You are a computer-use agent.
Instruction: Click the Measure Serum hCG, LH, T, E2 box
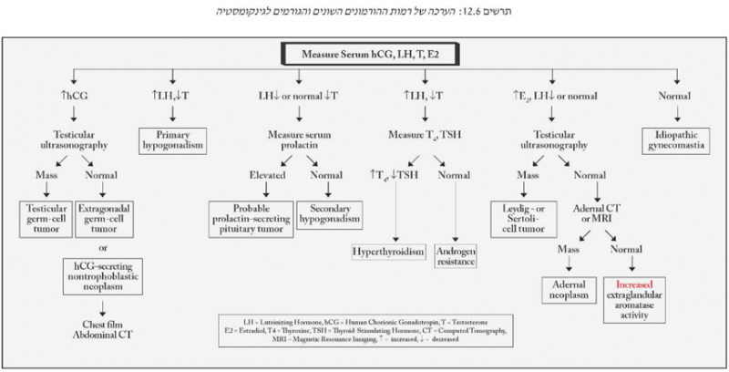tap(364, 54)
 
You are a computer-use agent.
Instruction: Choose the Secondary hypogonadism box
tap(331, 212)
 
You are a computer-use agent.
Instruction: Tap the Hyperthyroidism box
tap(390, 250)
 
